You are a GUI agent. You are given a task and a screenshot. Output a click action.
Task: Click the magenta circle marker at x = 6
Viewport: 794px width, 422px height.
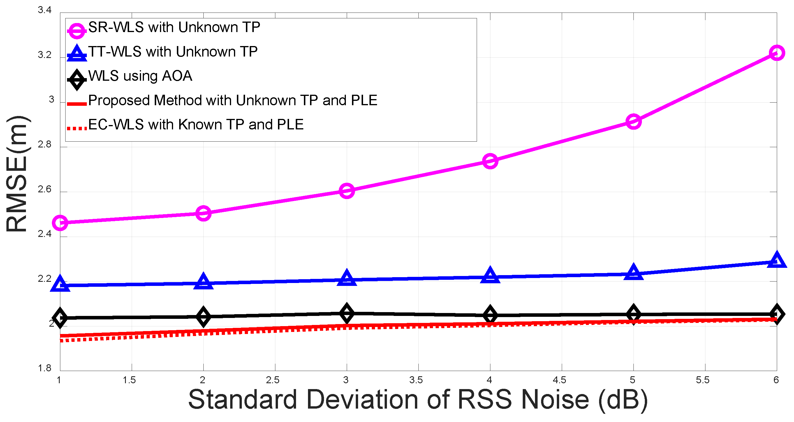pos(777,53)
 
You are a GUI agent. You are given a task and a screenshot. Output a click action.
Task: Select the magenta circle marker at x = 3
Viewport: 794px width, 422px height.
pos(346,191)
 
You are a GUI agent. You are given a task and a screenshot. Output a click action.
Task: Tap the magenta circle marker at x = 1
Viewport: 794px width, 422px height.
pos(60,223)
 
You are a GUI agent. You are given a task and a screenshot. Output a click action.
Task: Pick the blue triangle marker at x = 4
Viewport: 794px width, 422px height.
pos(490,275)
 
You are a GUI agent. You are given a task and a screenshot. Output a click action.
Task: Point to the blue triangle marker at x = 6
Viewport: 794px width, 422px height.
pos(777,260)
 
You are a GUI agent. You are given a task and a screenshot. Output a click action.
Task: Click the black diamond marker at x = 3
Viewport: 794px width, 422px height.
pos(346,313)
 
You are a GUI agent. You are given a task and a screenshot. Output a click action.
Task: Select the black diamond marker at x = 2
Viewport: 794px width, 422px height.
pos(203,316)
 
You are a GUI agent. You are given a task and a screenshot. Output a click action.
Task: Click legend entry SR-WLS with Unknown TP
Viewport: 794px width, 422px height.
pos(174,27)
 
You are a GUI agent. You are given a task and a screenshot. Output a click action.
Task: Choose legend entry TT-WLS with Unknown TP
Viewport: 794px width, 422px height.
pos(172,52)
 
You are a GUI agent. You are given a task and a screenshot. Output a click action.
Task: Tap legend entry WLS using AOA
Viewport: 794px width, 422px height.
pos(140,76)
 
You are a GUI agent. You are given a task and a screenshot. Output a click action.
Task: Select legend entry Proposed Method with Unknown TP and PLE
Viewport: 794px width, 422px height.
pos(233,101)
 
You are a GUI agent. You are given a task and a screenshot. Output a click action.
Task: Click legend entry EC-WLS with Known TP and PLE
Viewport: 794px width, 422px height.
pos(196,125)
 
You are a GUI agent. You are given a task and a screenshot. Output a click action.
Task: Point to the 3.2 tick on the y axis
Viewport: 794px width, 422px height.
pos(45,55)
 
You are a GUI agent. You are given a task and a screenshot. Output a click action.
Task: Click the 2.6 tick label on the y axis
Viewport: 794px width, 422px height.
pos(45,189)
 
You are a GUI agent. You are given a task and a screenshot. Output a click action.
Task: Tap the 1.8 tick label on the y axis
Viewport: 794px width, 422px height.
pos(45,368)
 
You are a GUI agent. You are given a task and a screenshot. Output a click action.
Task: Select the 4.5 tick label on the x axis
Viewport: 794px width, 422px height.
pos(559,380)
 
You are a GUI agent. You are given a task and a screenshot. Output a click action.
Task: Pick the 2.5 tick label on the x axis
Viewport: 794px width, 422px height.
pos(273,380)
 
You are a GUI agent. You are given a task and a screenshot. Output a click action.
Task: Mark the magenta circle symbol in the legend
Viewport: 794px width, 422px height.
pos(76,31)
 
